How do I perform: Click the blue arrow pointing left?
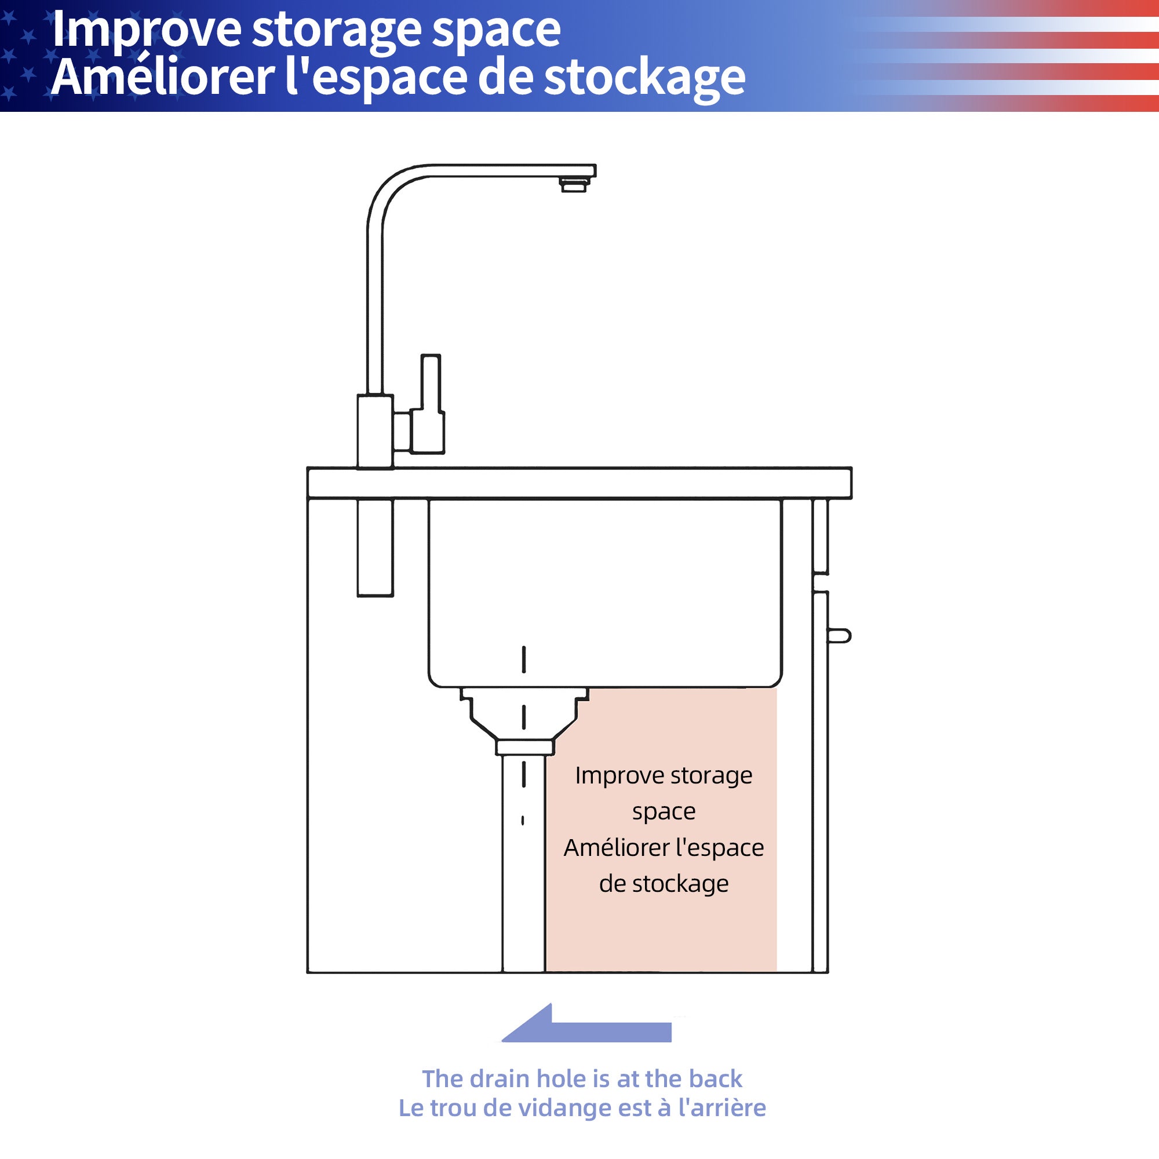586,1023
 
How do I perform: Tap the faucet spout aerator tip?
574,185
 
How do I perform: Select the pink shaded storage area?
661,830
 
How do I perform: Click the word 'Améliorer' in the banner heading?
163,78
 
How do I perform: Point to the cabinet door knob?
839,635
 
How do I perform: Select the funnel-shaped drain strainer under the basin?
524,720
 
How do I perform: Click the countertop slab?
579,483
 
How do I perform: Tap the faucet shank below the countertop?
375,548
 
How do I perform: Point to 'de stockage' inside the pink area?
664,884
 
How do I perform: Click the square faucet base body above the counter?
375,431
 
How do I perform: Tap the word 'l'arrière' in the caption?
721,1107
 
